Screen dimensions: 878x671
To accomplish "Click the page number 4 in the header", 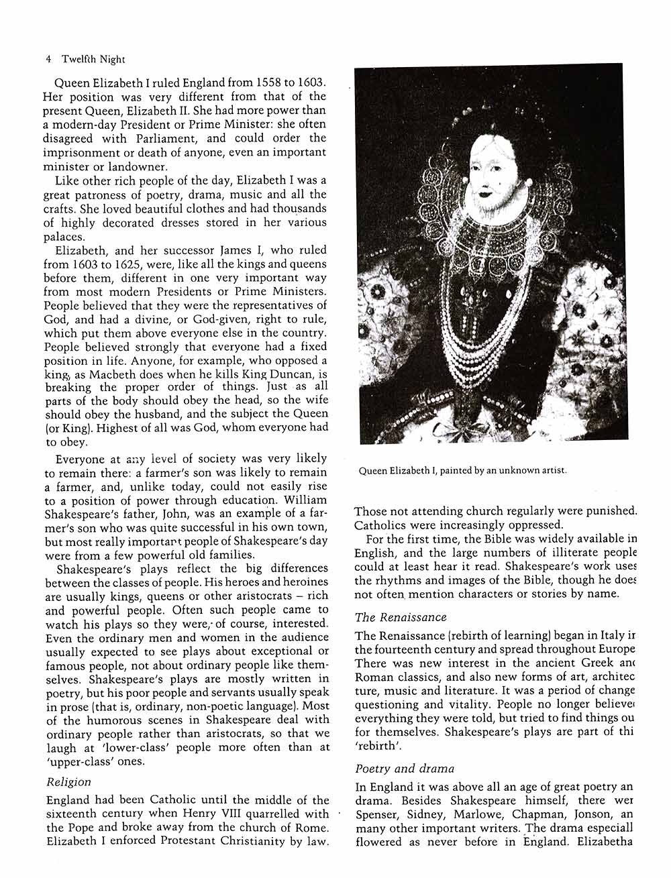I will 49,59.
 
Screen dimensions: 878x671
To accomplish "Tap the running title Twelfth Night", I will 93,59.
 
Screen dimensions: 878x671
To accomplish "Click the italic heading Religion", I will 68,782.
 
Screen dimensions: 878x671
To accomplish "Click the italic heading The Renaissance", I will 401,617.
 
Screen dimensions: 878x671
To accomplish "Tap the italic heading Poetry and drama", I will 405,769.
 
